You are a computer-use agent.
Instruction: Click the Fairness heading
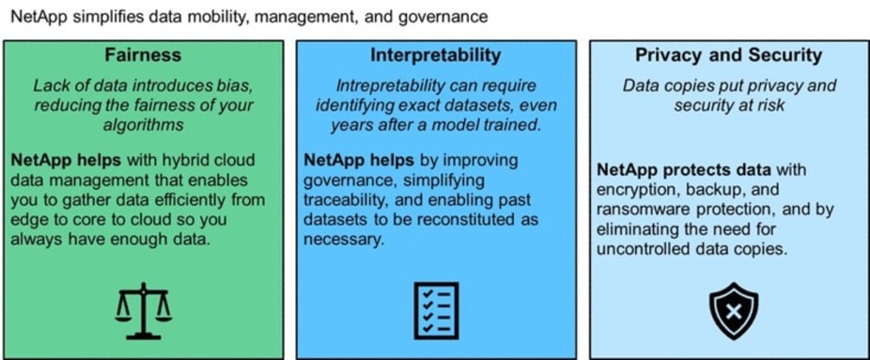[143, 55]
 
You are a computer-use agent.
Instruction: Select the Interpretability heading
[436, 55]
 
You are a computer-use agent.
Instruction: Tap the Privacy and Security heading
[728, 55]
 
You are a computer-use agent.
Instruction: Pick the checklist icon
[436, 310]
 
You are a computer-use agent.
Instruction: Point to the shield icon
[734, 311]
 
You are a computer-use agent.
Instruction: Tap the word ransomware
[639, 209]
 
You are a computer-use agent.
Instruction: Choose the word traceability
[342, 199]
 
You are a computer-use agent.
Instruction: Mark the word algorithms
[143, 125]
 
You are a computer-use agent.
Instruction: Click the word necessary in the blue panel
[344, 240]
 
